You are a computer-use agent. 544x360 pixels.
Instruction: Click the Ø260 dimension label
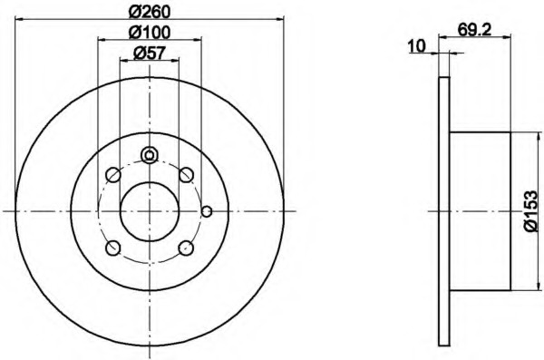[150, 13]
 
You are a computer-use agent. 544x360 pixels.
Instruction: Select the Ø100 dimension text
[150, 33]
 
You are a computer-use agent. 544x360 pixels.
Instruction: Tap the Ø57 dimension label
[149, 54]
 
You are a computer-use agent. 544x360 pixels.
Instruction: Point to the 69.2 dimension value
[474, 30]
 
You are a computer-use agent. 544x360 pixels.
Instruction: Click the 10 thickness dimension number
[417, 46]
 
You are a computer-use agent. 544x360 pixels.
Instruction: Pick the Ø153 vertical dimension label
[531, 211]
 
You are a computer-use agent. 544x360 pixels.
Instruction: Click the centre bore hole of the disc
[150, 211]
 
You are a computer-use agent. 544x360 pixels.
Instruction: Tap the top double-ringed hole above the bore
[150, 155]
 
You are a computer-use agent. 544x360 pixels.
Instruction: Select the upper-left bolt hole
[112, 175]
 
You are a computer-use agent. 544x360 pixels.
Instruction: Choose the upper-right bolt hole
[186, 175]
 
